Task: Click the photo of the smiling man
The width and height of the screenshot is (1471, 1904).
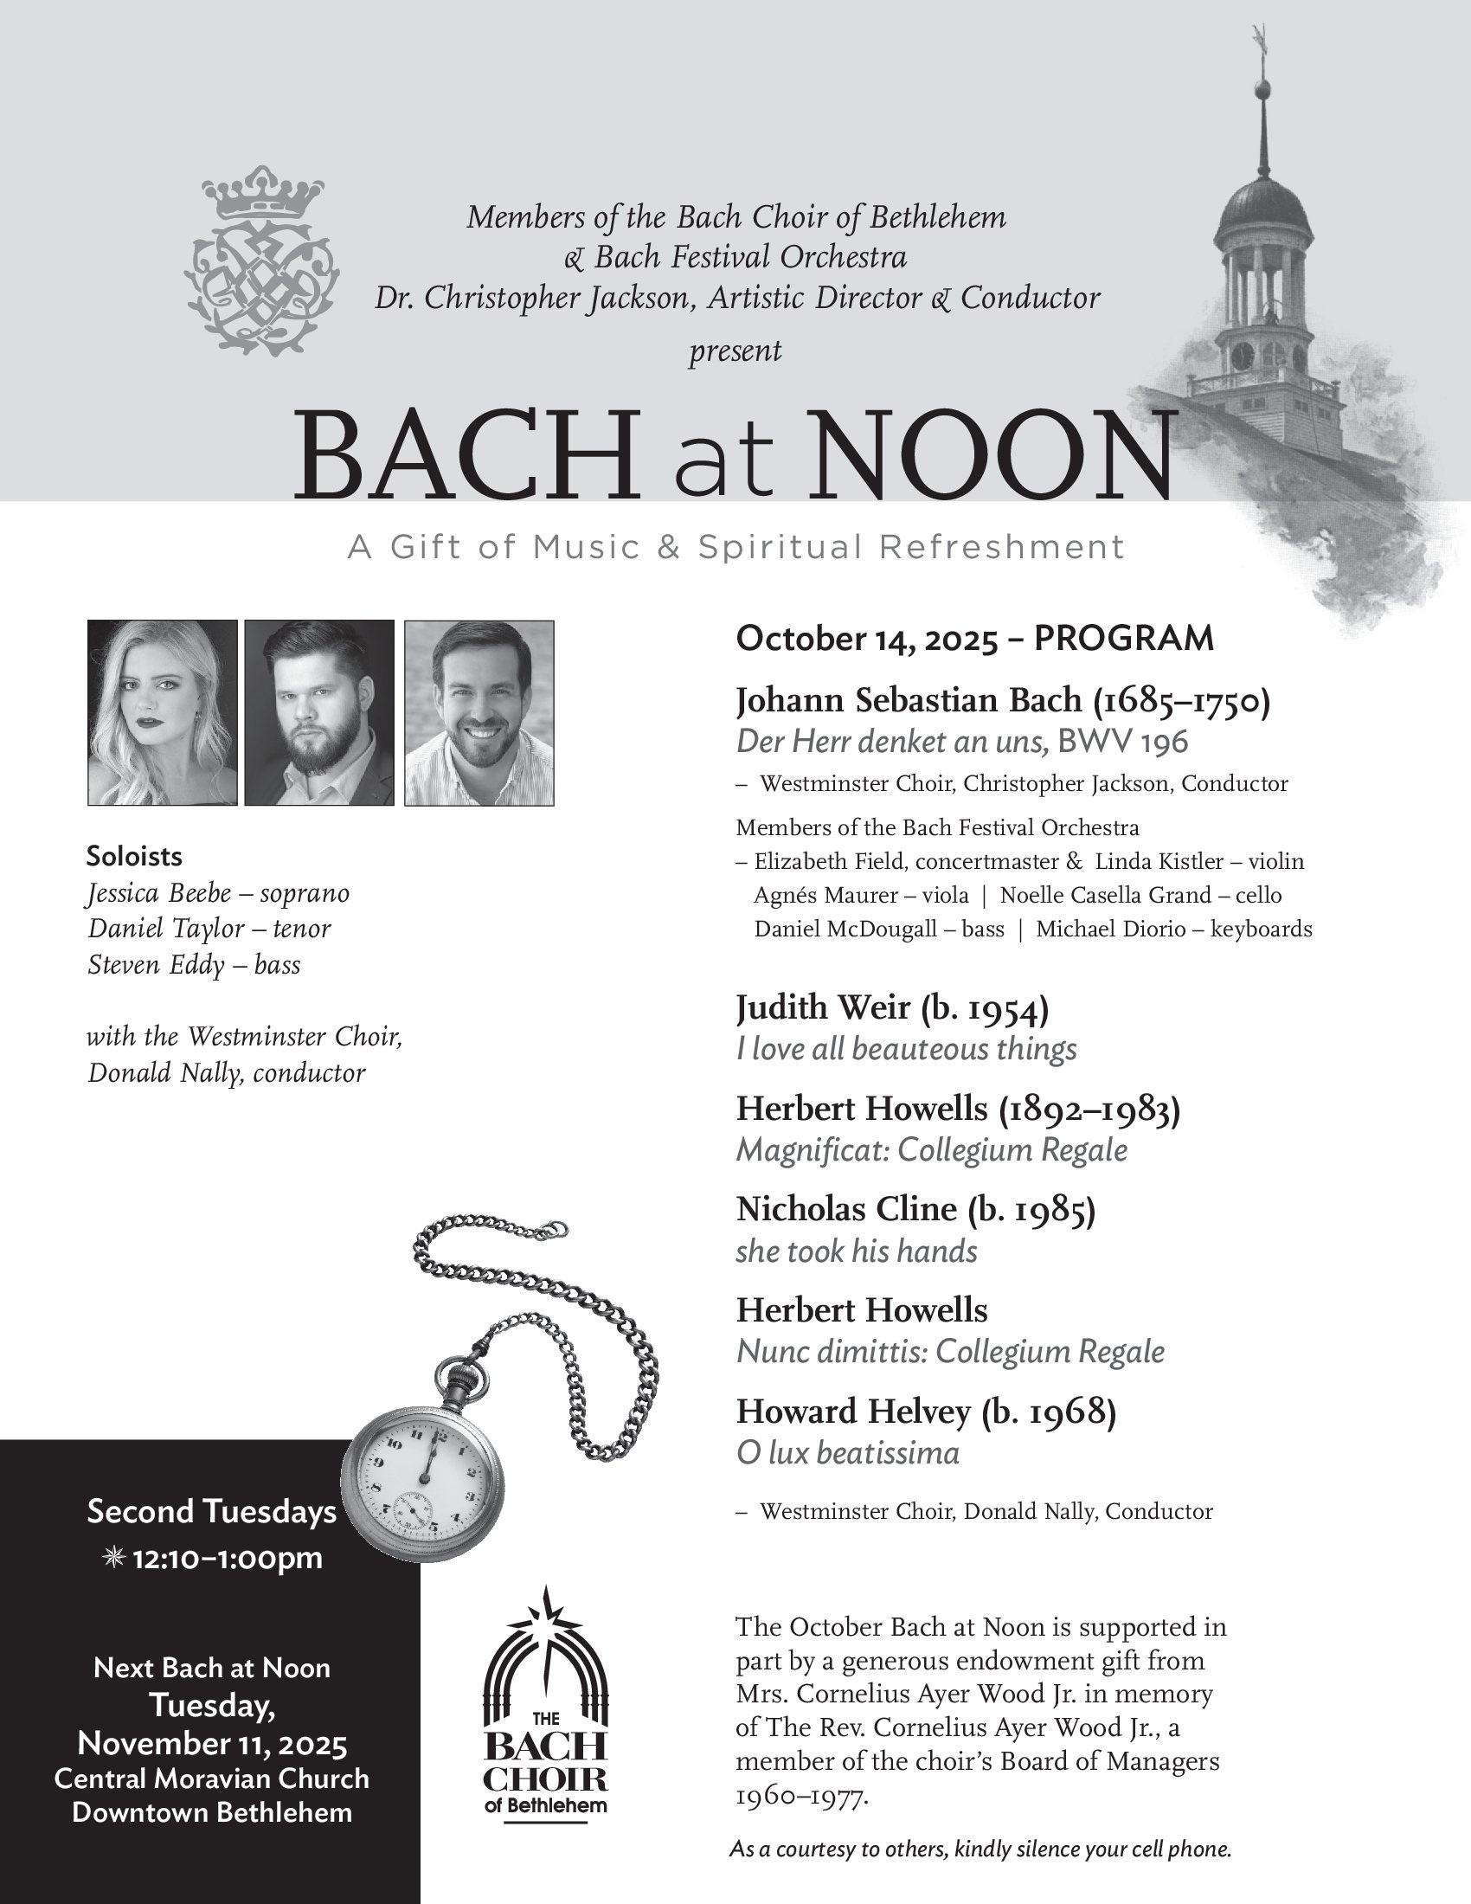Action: click(x=479, y=712)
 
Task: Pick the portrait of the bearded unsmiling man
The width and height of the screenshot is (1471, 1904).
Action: click(x=319, y=712)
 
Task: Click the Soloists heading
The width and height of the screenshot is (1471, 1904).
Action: click(x=134, y=856)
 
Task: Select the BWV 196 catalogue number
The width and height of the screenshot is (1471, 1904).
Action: click(x=1122, y=742)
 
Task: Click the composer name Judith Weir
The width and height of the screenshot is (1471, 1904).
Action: click(x=823, y=1007)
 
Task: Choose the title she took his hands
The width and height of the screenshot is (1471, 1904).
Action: click(x=857, y=1252)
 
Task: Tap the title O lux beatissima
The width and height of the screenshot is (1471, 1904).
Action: click(x=848, y=1453)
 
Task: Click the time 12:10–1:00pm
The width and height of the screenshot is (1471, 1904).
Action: click(x=227, y=1558)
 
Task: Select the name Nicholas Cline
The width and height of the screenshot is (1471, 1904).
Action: click(x=846, y=1209)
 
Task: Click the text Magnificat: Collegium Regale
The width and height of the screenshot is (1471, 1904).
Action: click(x=932, y=1150)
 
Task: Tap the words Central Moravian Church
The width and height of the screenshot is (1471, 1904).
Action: click(x=212, y=1779)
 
